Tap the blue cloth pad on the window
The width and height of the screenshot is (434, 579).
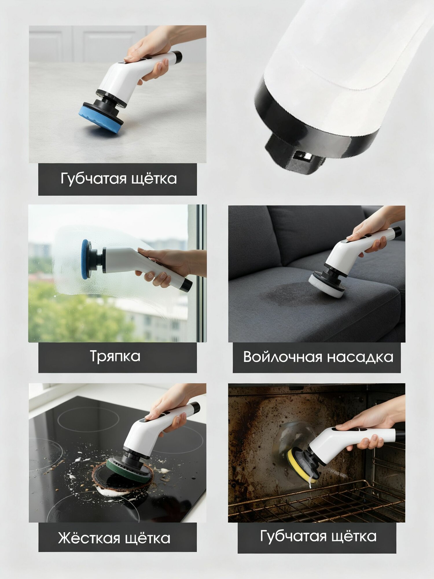[85, 259]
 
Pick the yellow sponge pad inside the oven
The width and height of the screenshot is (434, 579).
[301, 465]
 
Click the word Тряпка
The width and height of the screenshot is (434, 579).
[115, 357]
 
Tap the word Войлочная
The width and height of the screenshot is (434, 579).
[282, 357]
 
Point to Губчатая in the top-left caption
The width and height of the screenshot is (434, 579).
[93, 179]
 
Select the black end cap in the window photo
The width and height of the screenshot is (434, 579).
[187, 285]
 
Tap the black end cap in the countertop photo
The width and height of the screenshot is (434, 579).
[177, 57]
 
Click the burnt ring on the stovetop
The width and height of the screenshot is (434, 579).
[122, 478]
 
